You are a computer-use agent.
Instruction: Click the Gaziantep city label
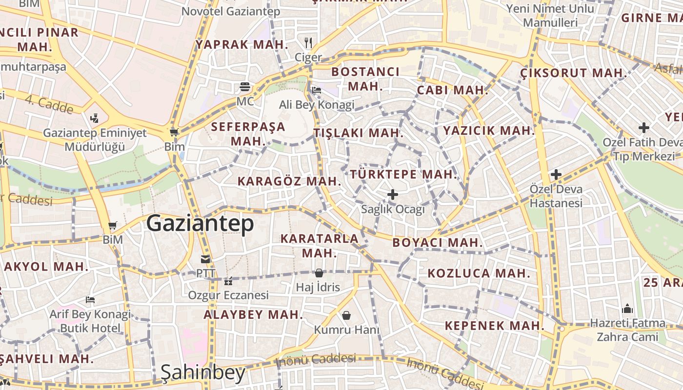(200, 224)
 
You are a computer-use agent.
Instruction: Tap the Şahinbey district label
(203, 373)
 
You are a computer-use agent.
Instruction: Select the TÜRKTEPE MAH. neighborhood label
(403, 174)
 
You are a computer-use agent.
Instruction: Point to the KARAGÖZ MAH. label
(289, 181)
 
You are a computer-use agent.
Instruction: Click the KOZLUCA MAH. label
(479, 273)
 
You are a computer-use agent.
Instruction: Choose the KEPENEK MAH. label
(494, 326)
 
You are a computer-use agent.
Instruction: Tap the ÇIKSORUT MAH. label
(573, 73)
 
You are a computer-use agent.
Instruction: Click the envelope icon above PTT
(205, 259)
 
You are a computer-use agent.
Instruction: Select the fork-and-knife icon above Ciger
(308, 43)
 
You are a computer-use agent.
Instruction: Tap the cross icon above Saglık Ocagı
(392, 195)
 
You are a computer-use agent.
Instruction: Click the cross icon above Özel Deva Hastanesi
(556, 175)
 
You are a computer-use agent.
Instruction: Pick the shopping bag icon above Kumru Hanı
(346, 315)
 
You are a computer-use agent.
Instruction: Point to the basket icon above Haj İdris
(319, 273)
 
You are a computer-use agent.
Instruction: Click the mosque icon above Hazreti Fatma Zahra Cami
(627, 309)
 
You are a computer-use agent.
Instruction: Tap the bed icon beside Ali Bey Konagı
(317, 90)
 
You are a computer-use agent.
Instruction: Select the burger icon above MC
(245, 87)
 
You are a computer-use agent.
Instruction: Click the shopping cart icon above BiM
(113, 226)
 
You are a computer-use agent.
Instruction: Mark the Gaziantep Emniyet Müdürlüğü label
(95, 139)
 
